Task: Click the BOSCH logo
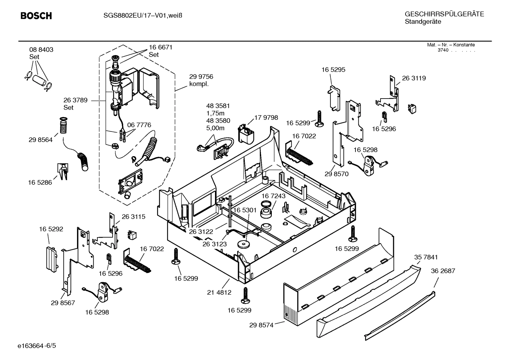(x=36, y=16)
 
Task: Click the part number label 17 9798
(x=266, y=118)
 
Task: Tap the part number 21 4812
(x=219, y=292)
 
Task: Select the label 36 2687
(x=443, y=271)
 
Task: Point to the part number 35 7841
(x=426, y=257)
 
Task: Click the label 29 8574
(x=261, y=325)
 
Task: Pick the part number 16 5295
(x=333, y=70)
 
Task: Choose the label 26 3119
(x=414, y=78)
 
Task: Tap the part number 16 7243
(x=274, y=196)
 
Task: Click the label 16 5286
(x=40, y=183)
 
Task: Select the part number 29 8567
(x=63, y=303)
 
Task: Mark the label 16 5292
(x=51, y=229)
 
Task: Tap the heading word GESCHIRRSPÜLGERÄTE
(x=444, y=14)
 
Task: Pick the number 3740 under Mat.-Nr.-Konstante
(x=443, y=50)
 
